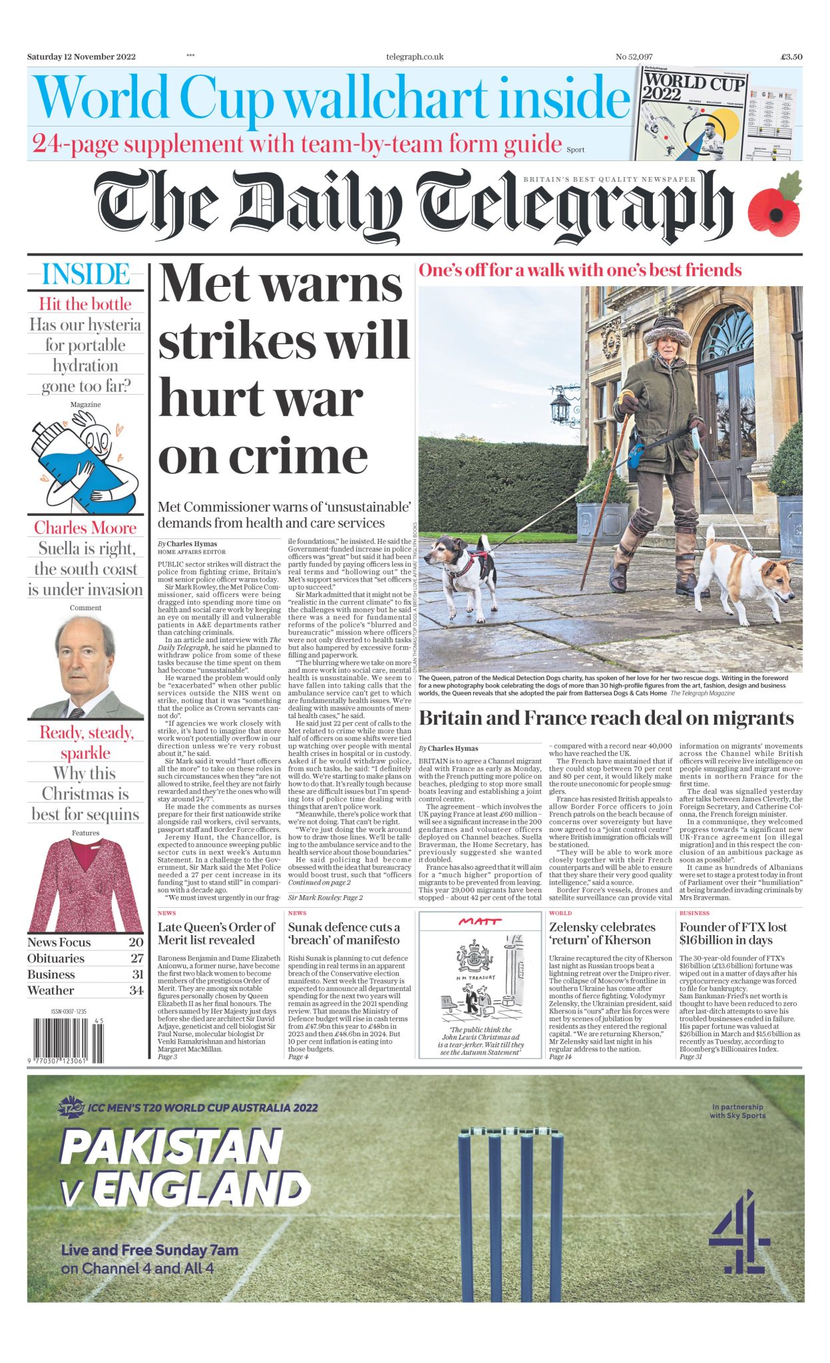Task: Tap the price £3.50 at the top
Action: coord(791,57)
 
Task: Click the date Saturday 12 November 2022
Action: coord(81,57)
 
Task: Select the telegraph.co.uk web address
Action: coord(415,57)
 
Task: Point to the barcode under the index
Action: coord(65,1041)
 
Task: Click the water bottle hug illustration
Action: coord(85,461)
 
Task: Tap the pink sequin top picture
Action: coord(85,885)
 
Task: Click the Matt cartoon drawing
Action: coord(479,981)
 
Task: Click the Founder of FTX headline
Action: coord(733,933)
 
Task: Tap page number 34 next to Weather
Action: coord(136,990)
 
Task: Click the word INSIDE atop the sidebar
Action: coord(85,274)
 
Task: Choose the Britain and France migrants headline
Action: coord(606,718)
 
